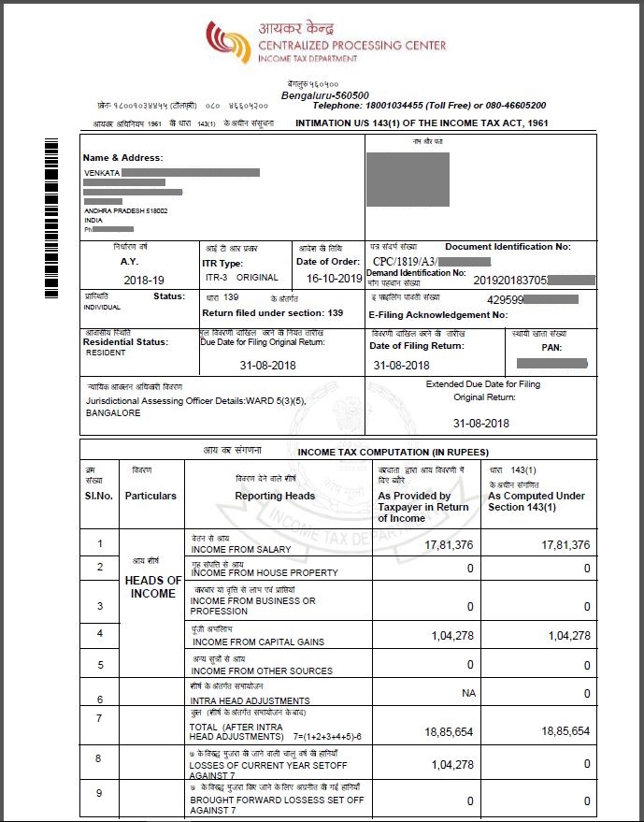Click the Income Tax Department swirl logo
point(226,41)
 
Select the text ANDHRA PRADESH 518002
point(126,211)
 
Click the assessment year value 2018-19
point(143,280)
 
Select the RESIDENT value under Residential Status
point(105,353)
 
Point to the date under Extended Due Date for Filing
point(481,423)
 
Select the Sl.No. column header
point(99,496)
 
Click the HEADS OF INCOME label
point(152,587)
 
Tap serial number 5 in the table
point(99,666)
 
